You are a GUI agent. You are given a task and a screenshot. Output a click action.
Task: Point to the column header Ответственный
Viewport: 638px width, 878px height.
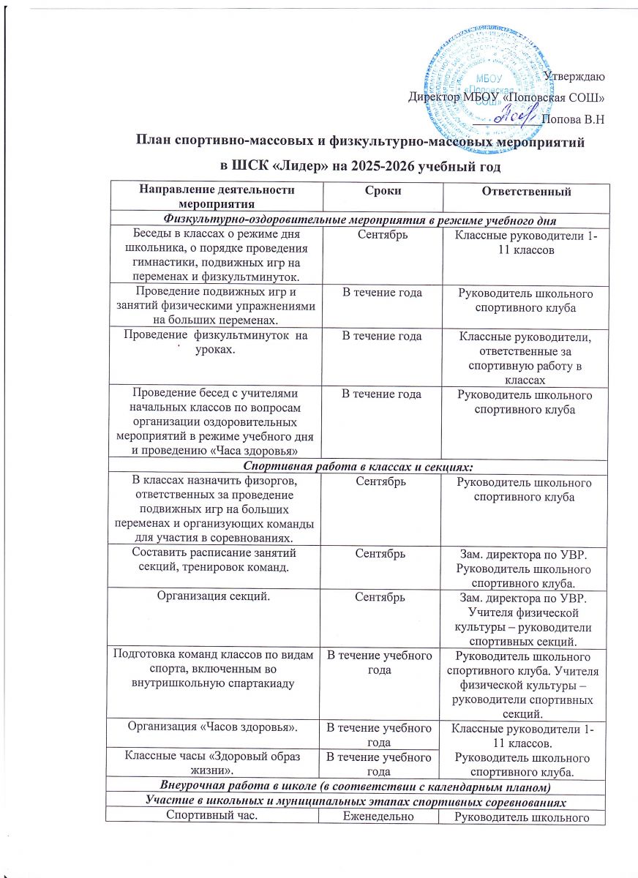[525, 192]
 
